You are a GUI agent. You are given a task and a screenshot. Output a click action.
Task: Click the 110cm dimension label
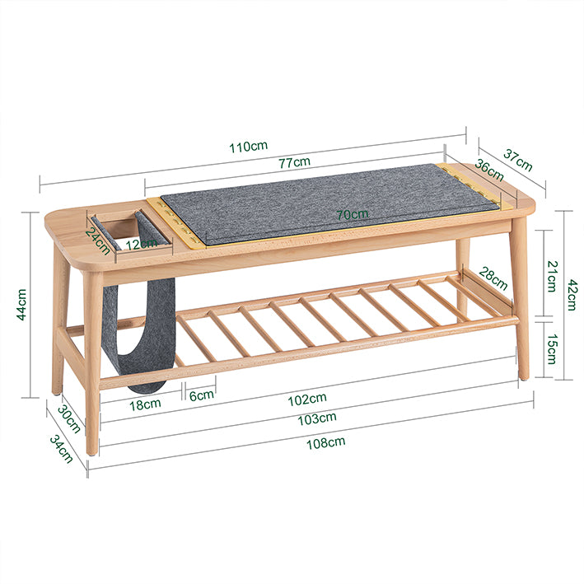(248, 146)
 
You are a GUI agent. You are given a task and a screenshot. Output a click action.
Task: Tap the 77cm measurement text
(295, 162)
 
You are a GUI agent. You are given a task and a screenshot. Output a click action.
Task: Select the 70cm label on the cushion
(353, 214)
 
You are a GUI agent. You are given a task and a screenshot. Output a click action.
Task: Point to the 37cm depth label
(518, 160)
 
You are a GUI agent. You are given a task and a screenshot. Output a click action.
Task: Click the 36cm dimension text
(489, 170)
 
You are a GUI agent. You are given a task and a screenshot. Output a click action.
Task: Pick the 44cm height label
(21, 304)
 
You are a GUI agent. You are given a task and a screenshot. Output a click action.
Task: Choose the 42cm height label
(572, 295)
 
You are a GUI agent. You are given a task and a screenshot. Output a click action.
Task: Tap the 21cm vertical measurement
(552, 277)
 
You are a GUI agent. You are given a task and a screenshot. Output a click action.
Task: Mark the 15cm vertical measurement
(552, 349)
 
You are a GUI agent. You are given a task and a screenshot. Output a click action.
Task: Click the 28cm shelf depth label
(493, 278)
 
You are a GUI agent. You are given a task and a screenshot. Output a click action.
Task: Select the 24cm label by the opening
(98, 241)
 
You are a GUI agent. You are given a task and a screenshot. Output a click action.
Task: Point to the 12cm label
(141, 245)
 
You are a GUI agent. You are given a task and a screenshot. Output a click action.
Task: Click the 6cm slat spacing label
(202, 395)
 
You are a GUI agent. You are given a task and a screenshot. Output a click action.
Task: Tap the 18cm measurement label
(145, 404)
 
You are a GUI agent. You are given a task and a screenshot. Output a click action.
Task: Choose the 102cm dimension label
(307, 399)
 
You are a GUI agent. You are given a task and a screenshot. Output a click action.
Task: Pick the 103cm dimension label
(317, 418)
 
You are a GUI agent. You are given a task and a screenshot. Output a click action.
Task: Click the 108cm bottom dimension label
(326, 443)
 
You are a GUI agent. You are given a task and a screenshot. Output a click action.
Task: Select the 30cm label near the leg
(69, 419)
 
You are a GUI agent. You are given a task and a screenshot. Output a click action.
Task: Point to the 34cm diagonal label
(62, 450)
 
